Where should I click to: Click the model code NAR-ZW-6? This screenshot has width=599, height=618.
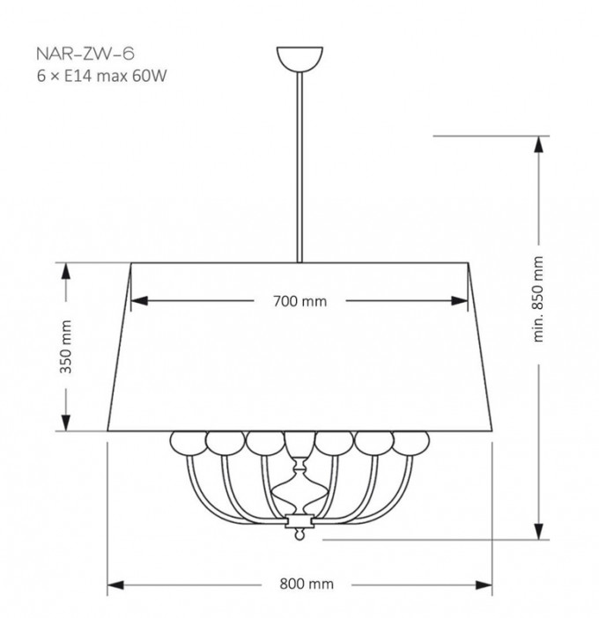pyautogui.click(x=85, y=54)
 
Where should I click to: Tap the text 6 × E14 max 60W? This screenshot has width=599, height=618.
pyautogui.click(x=101, y=76)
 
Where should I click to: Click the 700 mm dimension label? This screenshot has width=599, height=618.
pyautogui.click(x=300, y=301)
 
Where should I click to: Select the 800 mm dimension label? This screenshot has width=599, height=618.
pyautogui.click(x=307, y=584)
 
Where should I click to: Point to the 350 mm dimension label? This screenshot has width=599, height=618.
pyautogui.click(x=65, y=347)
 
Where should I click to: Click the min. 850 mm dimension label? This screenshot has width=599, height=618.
pyautogui.click(x=538, y=299)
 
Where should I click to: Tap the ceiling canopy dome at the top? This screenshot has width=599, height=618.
pyautogui.click(x=299, y=59)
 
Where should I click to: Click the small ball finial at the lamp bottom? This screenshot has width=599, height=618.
pyautogui.click(x=299, y=535)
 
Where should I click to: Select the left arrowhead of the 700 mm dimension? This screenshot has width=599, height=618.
pyautogui.click(x=139, y=301)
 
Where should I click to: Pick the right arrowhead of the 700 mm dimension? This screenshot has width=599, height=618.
pyautogui.click(x=460, y=301)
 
